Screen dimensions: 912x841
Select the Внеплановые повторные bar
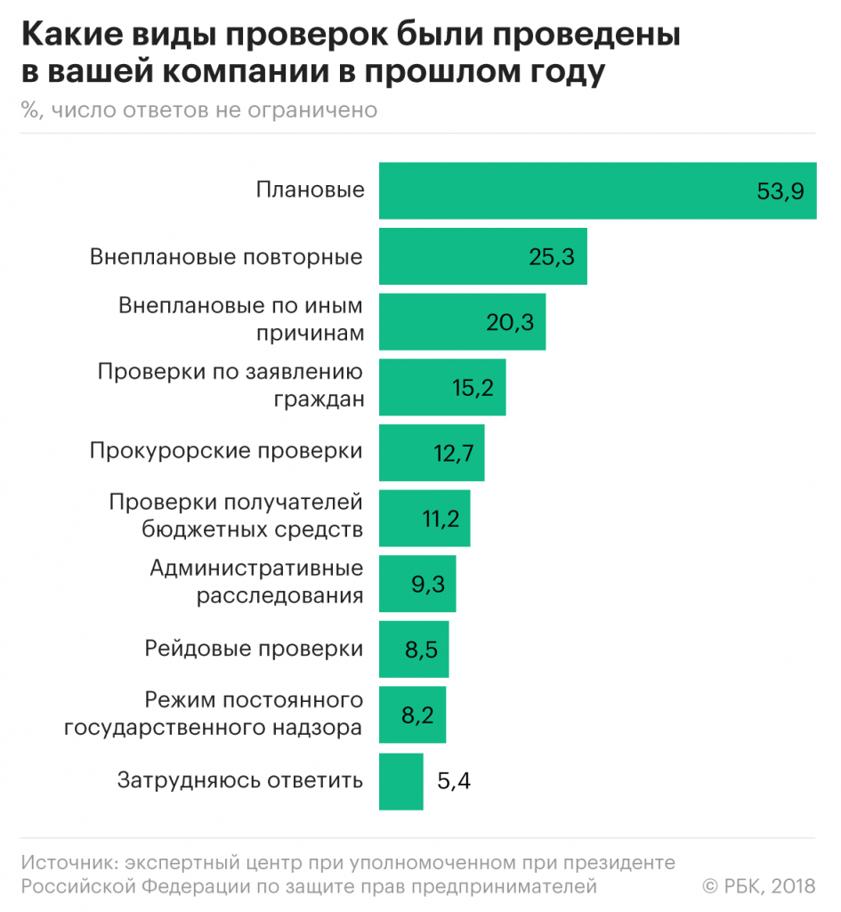482,257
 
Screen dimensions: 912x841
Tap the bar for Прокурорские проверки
432,452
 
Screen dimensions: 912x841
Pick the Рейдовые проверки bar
414,650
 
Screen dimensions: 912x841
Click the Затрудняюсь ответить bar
400,782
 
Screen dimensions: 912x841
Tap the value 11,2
440,518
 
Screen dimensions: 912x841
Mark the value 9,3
428,584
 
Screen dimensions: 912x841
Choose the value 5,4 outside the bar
454,782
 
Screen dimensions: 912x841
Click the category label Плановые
310,190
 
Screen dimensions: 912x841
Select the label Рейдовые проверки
254,649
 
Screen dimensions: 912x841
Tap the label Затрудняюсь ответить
240,781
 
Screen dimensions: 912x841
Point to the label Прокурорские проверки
226,451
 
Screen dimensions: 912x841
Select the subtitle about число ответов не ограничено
200,110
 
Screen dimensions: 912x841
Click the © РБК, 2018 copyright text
758,885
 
